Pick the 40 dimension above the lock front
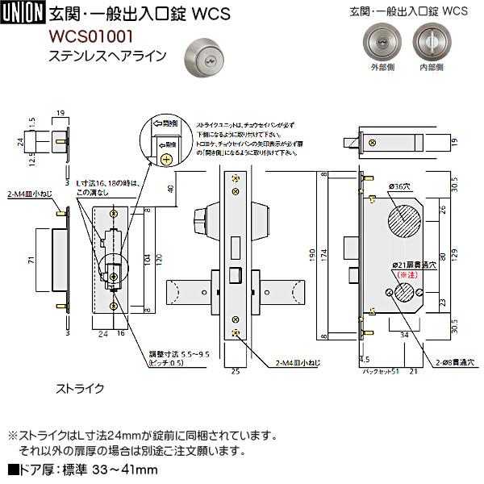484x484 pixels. pos(173,190)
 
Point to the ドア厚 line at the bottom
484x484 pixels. pos(81,470)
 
